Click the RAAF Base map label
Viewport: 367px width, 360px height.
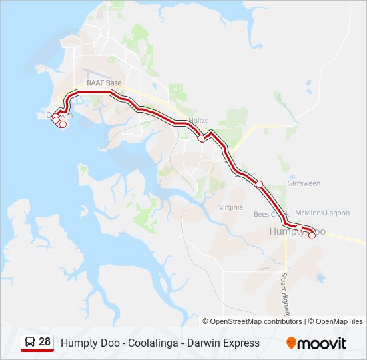(104, 83)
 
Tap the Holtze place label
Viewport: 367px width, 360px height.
(198, 121)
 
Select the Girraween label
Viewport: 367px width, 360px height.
(304, 183)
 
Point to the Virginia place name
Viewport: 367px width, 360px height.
(231, 207)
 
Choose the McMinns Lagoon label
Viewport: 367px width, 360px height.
(322, 213)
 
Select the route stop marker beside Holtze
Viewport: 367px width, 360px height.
(201, 139)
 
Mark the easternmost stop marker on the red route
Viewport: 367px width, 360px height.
(312, 235)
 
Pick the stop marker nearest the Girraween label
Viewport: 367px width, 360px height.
(260, 184)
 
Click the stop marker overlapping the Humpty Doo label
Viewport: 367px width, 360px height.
(300, 229)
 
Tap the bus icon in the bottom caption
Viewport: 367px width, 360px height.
(30, 343)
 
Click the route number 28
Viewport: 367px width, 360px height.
(45, 342)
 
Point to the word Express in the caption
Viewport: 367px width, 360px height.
(241, 343)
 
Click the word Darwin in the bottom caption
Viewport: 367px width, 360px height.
(203, 343)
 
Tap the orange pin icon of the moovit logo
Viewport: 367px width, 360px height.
(291, 343)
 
